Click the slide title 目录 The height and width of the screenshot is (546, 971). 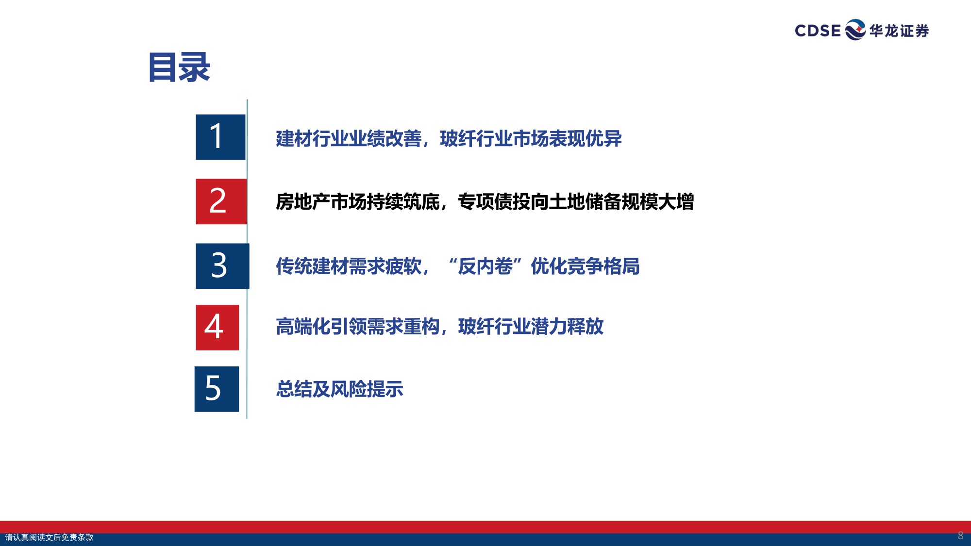tap(179, 67)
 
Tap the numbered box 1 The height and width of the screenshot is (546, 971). tap(220, 137)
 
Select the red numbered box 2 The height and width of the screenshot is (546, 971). tap(221, 201)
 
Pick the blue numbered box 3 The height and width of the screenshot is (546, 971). tap(222, 266)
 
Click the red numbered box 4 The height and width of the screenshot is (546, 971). tap(217, 327)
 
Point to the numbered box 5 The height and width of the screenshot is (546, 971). tap(217, 389)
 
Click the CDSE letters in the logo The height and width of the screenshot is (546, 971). tap(818, 31)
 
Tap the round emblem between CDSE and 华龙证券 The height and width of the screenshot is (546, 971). tap(855, 30)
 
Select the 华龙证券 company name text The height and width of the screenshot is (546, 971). tap(899, 31)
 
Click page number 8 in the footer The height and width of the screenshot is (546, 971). tap(960, 536)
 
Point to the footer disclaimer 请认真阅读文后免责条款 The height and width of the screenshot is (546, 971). tap(49, 537)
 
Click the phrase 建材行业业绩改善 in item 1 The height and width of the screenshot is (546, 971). tap(349, 139)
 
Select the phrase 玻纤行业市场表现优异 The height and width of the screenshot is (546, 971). tap(531, 139)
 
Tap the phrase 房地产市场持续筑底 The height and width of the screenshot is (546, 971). tap(358, 202)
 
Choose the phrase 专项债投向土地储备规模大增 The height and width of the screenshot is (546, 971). tap(576, 202)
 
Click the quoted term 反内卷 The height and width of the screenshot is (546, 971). tap(485, 266)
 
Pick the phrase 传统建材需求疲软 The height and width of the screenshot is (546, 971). tap(349, 266)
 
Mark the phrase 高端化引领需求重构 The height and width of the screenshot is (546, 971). tap(358, 327)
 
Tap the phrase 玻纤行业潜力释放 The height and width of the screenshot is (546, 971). tap(531, 327)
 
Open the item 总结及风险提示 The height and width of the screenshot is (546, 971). tap(339, 389)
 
